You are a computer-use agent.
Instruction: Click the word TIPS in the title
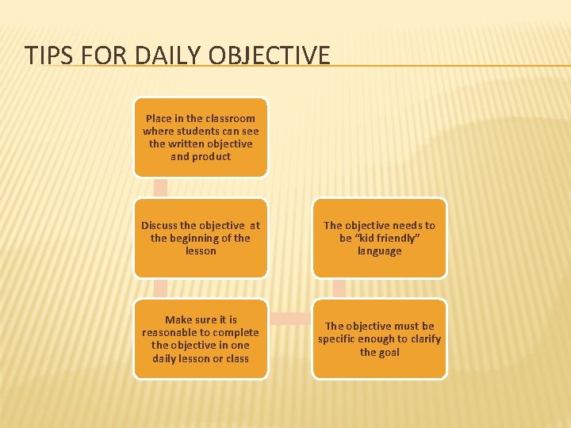[44, 55]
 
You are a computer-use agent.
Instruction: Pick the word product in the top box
[212, 157]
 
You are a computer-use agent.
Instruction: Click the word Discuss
[161, 225]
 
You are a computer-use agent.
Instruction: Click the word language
[379, 251]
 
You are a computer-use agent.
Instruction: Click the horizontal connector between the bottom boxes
[290, 319]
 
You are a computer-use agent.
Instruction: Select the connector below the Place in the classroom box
[161, 187]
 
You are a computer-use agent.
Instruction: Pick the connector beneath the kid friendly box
[339, 288]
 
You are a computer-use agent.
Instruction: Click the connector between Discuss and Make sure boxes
[161, 288]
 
